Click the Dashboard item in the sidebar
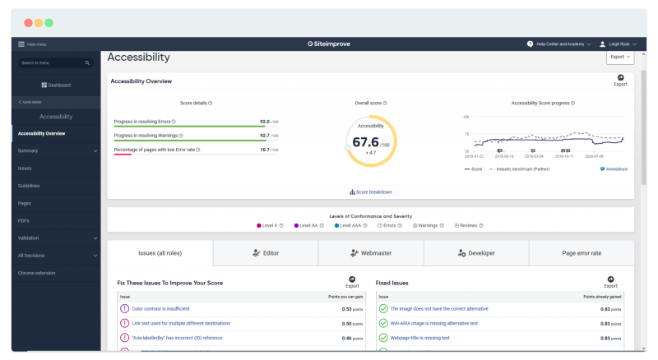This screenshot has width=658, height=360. tap(56, 85)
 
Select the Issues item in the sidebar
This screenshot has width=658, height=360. tap(25, 168)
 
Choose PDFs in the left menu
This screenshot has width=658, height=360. tap(24, 220)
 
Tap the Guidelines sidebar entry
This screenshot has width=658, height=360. tap(29, 186)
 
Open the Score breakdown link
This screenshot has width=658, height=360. tap(371, 192)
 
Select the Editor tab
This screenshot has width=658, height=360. tap(266, 253)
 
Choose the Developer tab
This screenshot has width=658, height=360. tap(476, 253)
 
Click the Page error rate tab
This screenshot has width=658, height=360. tap(582, 253)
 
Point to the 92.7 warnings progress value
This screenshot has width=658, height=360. tap(264, 135)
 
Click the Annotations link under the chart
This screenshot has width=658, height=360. tap(614, 168)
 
